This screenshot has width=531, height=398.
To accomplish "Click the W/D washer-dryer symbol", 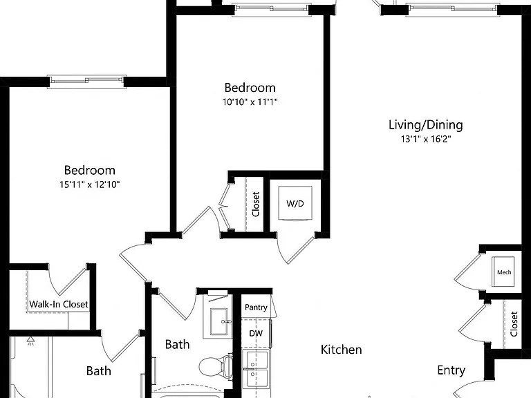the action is click(295, 203).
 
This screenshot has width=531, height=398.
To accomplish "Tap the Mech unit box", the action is click(503, 272).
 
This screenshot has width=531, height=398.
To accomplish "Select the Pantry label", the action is click(256, 307).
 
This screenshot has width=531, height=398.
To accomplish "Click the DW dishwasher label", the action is click(256, 333).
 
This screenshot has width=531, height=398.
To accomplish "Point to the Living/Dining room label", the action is click(426, 125).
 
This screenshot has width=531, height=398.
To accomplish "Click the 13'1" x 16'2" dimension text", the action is click(426, 139).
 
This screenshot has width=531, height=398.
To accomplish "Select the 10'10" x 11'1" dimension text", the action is click(250, 102).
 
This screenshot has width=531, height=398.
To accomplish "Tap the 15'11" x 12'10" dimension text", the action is click(90, 184).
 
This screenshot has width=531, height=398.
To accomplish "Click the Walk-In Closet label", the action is click(59, 304).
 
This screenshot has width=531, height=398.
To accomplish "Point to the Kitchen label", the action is click(341, 350).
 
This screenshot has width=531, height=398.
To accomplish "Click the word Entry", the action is click(451, 370).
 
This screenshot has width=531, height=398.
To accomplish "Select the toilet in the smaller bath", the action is click(216, 366).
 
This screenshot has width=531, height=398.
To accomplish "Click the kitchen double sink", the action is click(256, 368).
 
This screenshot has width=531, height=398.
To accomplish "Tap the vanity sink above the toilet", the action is click(218, 321).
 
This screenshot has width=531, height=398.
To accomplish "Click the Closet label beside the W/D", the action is click(256, 204).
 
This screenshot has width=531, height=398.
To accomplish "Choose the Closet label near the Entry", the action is click(514, 324).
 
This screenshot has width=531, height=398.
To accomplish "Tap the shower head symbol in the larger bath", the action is click(31, 341).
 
